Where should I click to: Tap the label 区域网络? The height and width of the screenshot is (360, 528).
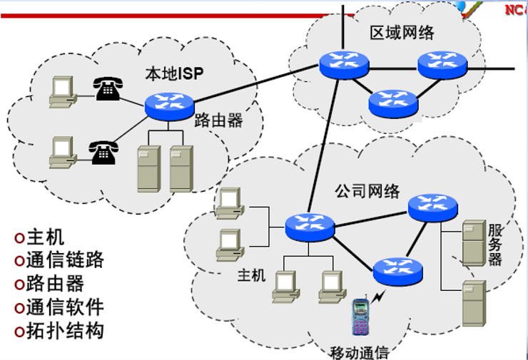(x=402, y=33)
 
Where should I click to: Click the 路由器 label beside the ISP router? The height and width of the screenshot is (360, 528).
(x=218, y=120)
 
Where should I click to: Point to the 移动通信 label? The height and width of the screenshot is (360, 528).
(x=360, y=351)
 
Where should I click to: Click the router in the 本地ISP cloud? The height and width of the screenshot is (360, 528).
(x=169, y=106)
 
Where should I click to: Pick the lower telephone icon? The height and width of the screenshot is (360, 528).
(x=102, y=152)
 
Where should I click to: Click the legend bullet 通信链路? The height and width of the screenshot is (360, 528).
(x=59, y=260)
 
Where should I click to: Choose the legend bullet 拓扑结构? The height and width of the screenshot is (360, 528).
(x=59, y=331)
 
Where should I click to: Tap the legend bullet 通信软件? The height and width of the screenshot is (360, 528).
(x=59, y=307)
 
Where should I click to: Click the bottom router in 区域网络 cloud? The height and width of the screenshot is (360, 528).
(x=393, y=102)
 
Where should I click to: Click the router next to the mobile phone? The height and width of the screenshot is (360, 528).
(x=397, y=269)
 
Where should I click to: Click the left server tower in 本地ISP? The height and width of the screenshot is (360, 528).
(x=148, y=168)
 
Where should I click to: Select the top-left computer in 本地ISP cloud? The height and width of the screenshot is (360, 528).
(x=63, y=91)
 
